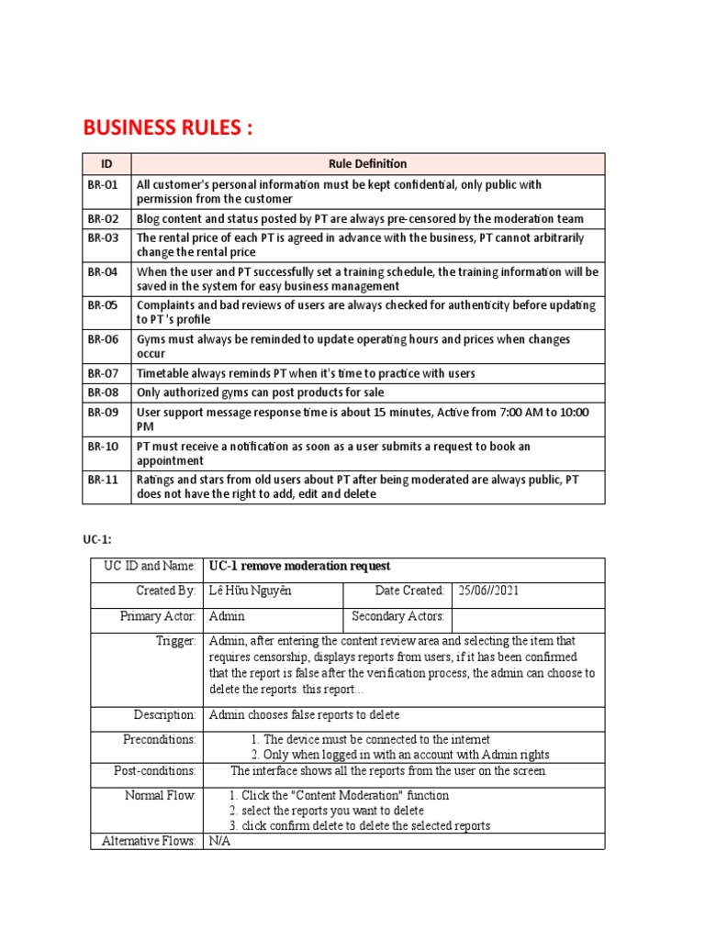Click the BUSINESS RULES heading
point(167,127)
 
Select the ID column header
point(106,164)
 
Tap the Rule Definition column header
point(367,164)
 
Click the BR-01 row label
point(103,184)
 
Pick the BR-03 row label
point(103,238)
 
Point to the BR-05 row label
point(103,304)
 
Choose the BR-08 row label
point(103,392)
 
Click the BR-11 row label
point(103,480)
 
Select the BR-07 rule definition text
point(306,373)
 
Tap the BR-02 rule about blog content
point(360,218)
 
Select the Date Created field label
point(409,591)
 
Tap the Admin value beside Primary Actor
point(226,616)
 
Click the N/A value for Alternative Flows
point(219,841)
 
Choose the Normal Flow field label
point(161,795)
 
